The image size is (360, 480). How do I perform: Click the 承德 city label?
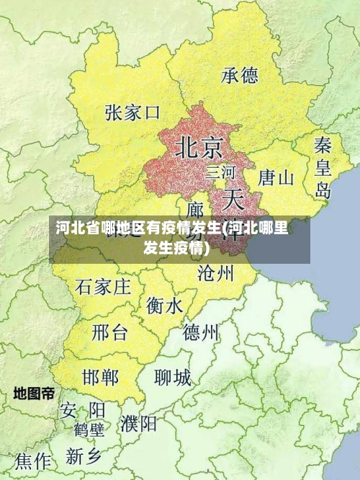240,75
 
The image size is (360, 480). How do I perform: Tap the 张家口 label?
132,113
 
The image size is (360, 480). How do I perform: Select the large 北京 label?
199,148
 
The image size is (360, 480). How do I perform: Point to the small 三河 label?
220,172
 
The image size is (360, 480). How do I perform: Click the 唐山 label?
276,177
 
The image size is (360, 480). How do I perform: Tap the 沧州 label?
216,272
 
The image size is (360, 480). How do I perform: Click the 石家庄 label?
103,288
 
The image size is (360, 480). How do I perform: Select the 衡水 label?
164,306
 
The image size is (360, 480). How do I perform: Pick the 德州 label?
201,332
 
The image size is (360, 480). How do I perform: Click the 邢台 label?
109,333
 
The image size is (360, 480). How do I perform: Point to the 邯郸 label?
101,377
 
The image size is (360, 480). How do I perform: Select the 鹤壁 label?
89,430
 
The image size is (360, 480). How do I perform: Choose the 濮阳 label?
139,423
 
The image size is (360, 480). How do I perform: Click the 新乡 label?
84,455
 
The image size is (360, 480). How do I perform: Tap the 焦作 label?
33,460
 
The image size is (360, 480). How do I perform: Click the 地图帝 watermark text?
34,394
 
